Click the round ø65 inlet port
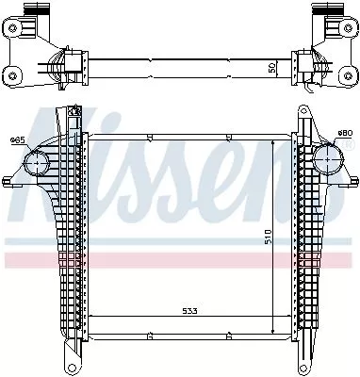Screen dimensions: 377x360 coord(35,168)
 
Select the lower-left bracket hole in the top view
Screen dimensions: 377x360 coord(13,73)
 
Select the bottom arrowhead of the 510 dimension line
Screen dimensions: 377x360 coord(272,331)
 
